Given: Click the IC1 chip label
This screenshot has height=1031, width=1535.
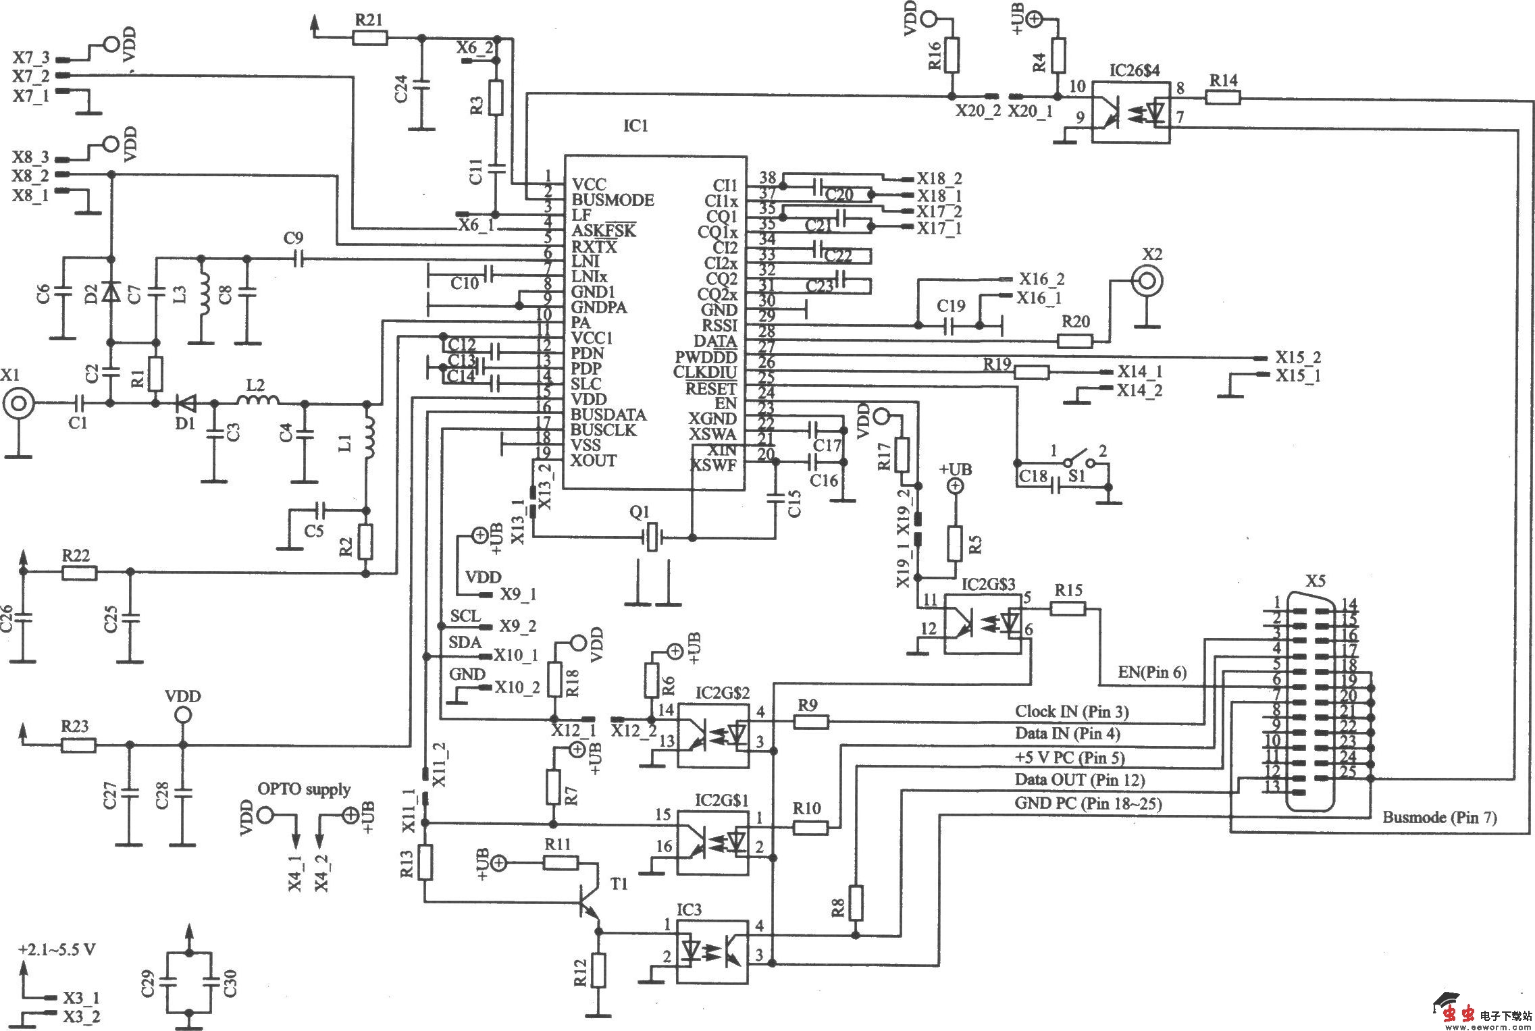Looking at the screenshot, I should coord(635,126).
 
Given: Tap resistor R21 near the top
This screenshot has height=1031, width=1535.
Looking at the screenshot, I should coord(369,37).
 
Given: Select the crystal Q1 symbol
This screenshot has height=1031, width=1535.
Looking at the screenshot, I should coord(652,537).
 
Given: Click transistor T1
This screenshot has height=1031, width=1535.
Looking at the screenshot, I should coord(589,905).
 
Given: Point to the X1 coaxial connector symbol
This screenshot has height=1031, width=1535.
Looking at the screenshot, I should coord(18,404).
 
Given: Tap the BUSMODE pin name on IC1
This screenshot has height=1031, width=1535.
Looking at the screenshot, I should coord(613,200).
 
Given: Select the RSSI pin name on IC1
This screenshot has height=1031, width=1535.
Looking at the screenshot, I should coord(720,325).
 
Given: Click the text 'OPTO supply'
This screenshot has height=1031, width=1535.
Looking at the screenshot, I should coord(304,789).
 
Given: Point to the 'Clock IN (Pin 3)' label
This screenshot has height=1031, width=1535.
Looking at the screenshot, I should coord(1072,711).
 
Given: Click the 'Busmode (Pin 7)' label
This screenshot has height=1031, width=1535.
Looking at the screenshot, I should coord(1439,817).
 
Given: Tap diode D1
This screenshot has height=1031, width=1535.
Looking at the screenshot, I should coord(184,404).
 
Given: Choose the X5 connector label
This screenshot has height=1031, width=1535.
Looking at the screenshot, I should coord(1315,581).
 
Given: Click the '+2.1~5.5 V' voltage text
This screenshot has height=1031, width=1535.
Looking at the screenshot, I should coord(57,949).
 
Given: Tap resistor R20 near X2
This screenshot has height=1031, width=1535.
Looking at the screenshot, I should coord(1074,340).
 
